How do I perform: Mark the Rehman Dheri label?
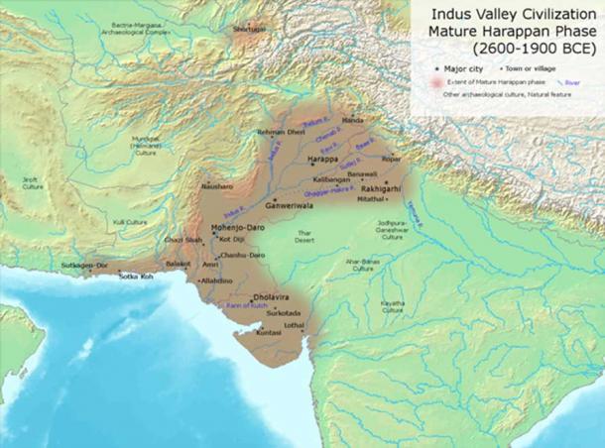tap(279, 132)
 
